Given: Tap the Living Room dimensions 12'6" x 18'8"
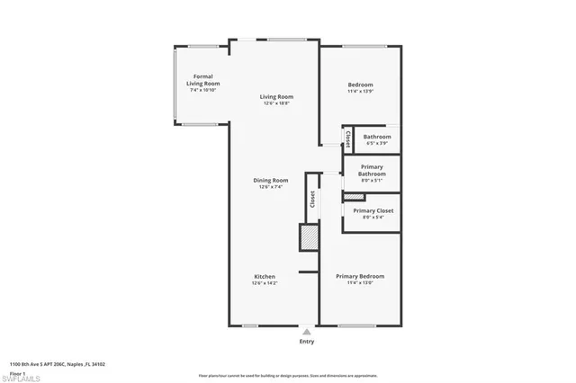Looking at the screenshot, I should click(x=276, y=103).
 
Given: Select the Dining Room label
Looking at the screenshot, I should click(x=270, y=180).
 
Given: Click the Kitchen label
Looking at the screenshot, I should click(x=264, y=276).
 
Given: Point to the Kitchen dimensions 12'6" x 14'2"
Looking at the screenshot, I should click(x=264, y=283).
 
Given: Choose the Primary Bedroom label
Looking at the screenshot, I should click(x=360, y=276).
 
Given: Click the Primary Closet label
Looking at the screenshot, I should click(x=373, y=210).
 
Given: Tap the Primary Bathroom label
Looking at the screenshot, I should click(x=373, y=170).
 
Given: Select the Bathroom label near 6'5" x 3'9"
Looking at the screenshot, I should click(x=376, y=137).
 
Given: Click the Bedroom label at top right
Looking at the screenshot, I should click(x=360, y=85).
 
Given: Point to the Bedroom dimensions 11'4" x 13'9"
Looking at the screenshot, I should click(x=360, y=92).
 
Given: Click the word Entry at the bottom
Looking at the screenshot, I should click(x=308, y=342).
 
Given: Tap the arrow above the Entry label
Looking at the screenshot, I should click(x=308, y=330).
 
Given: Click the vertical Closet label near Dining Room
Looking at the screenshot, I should click(x=312, y=200).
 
